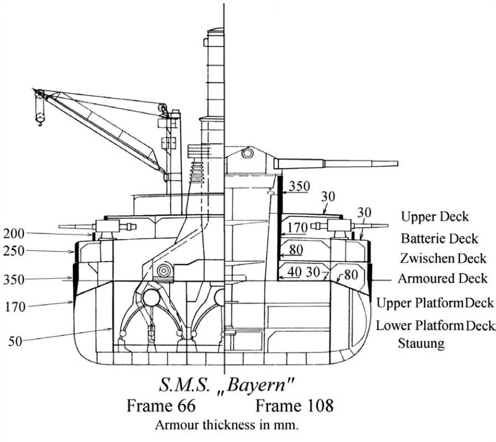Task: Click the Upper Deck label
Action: [435, 216]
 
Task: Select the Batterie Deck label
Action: [440, 238]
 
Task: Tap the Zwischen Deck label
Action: [443, 258]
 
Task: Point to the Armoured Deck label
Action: [443, 278]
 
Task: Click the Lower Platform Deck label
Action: [436, 325]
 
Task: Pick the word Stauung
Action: [421, 344]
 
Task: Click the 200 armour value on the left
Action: [13, 233]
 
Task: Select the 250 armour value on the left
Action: [13, 251]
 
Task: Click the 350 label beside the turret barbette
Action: [299, 186]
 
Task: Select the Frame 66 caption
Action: [161, 406]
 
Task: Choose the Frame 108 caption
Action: [294, 406]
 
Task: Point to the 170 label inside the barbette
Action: [296, 227]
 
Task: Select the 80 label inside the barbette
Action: [296, 250]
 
